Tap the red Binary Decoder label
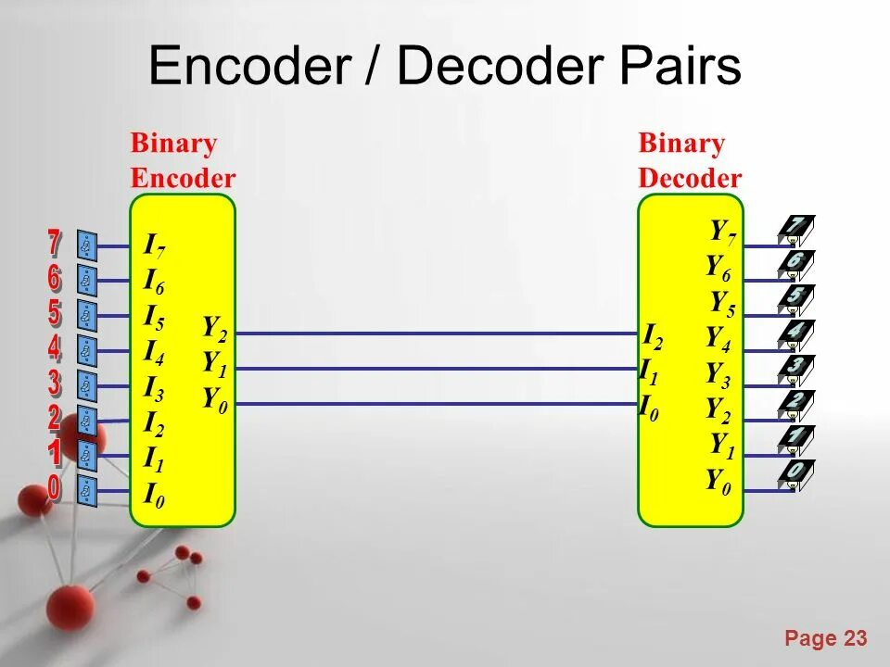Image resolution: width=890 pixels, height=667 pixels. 690,160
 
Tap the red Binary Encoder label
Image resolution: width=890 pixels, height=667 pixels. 183,160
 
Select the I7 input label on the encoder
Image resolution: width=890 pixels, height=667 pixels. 155,246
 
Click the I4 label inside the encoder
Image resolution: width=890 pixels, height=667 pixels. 155,352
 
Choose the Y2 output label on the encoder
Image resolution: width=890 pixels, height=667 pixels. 215,328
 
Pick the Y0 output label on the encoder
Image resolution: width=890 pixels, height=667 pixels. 215,399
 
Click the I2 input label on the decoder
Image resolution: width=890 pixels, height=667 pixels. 654,336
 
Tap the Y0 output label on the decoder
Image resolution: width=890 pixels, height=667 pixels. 718,481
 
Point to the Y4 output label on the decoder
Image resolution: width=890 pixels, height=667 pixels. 718,339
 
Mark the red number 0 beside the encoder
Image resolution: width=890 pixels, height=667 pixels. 55,487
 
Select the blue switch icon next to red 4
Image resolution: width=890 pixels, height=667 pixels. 87,351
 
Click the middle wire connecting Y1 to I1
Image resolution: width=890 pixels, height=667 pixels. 436,369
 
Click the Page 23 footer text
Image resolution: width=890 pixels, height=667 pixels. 825,638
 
